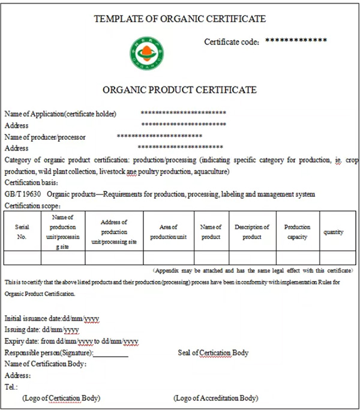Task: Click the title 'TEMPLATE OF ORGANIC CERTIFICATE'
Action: point(179,19)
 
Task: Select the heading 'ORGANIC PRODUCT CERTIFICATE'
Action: point(180,90)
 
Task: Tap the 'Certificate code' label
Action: point(232,42)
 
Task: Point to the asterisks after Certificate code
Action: point(296,40)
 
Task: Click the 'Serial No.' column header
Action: point(22,232)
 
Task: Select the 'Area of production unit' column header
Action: point(169,232)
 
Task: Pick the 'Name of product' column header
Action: point(211,232)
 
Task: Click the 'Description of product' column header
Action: point(252,232)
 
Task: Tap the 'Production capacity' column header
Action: point(297,232)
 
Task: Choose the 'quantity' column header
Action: point(334,232)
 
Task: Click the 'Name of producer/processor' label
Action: point(45,137)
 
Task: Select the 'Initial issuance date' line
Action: point(52,318)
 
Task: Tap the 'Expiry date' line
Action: point(71,341)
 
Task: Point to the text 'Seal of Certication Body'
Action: point(213,352)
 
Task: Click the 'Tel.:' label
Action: point(11,387)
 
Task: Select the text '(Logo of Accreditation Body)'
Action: point(216,398)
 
